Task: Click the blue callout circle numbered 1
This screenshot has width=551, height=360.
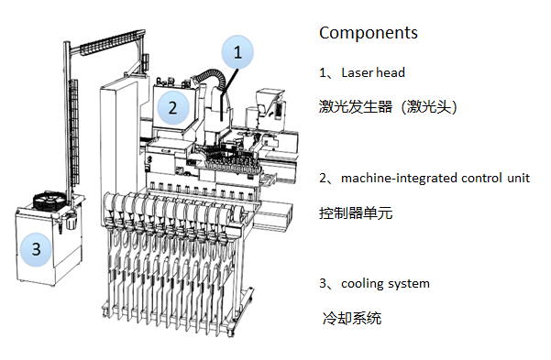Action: tap(237, 53)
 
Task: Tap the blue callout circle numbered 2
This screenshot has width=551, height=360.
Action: tap(171, 106)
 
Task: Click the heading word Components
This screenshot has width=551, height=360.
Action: tap(368, 33)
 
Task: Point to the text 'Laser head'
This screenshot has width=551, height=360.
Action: tap(372, 72)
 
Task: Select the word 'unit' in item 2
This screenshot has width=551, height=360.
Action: tap(517, 178)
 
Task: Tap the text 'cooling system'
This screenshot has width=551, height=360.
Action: tap(385, 283)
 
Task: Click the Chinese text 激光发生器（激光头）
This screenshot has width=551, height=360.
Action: tap(388, 107)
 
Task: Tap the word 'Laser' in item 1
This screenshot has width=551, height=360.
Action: tap(357, 72)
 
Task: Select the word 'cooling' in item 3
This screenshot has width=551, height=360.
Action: tap(362, 283)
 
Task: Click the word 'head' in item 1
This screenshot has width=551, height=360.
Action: tap(390, 72)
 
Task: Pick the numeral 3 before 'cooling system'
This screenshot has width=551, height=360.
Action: tap(323, 283)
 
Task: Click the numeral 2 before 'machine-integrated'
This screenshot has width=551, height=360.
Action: tap(323, 178)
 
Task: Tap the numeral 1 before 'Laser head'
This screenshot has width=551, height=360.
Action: tap(323, 72)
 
